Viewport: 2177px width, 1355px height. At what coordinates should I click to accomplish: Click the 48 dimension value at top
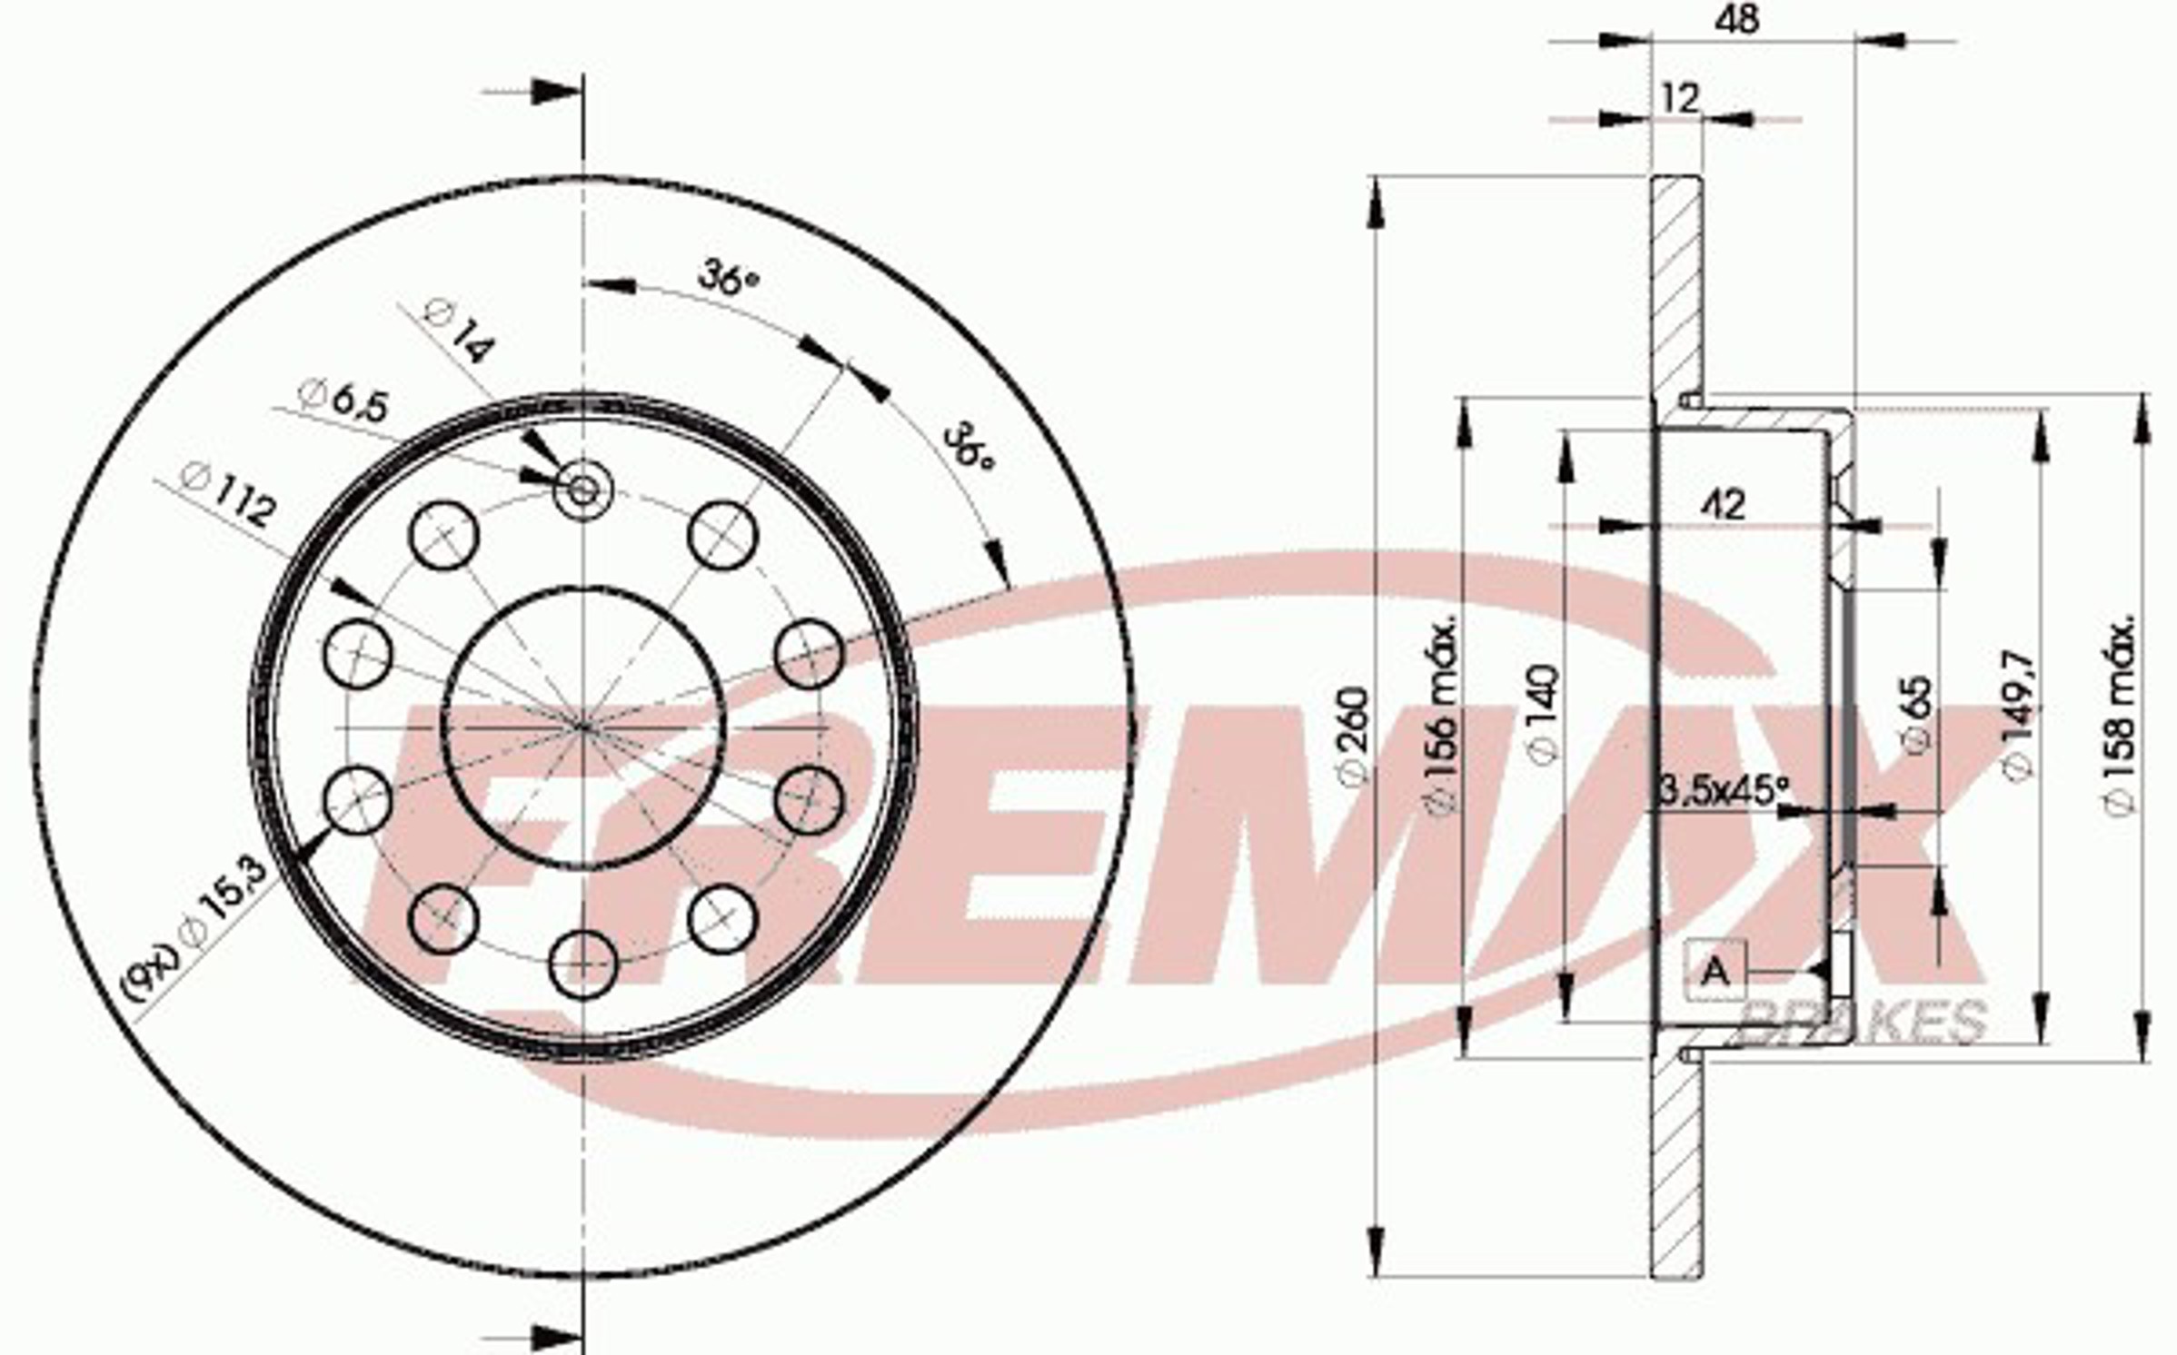[x=1736, y=20]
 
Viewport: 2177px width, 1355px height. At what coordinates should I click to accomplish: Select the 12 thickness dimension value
[x=1679, y=98]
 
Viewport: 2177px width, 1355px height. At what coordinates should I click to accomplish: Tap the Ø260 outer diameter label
[x=1353, y=736]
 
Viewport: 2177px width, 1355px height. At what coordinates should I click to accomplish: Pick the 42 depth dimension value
[x=1722, y=504]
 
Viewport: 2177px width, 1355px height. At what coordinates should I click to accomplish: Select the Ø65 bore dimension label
[x=1914, y=714]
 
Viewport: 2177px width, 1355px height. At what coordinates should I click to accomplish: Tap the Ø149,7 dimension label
[x=2016, y=714]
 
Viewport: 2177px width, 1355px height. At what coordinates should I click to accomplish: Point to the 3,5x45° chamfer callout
[x=1723, y=790]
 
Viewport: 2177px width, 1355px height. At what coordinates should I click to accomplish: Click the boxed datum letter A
[x=1715, y=972]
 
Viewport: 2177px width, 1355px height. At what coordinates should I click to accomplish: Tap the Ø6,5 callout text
[x=345, y=400]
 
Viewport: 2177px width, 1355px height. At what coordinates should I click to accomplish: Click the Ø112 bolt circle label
[x=228, y=495]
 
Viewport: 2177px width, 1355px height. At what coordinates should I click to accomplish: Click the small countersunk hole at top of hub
[x=582, y=490]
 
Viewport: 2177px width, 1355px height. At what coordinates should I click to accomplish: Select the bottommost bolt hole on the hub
[x=583, y=964]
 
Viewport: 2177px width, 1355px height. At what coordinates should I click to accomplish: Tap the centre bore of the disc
[x=583, y=727]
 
